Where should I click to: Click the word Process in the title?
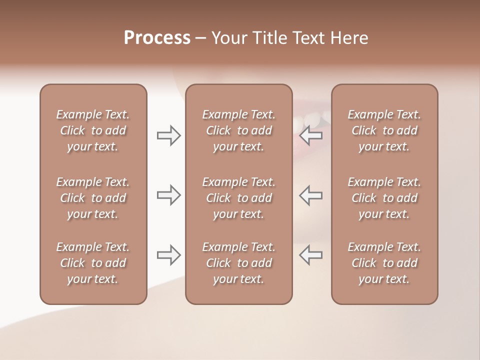pyautogui.click(x=157, y=37)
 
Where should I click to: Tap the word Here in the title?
pyautogui.click(x=348, y=37)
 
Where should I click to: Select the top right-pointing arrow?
pyautogui.click(x=169, y=135)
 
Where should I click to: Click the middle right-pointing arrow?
pyautogui.click(x=169, y=195)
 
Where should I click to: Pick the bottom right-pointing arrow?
pyautogui.click(x=169, y=255)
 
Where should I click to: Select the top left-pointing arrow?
pyautogui.click(x=311, y=135)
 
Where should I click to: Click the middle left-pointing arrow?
pyautogui.click(x=311, y=195)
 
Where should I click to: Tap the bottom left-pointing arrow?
pyautogui.click(x=311, y=255)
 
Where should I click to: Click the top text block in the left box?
pyautogui.click(x=93, y=130)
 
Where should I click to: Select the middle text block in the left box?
pyautogui.click(x=93, y=198)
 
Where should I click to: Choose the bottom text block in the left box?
pyautogui.click(x=93, y=263)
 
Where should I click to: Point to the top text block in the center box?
pyautogui.click(x=238, y=130)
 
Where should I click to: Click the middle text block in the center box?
pyautogui.click(x=238, y=198)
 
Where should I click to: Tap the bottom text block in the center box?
pyautogui.click(x=238, y=263)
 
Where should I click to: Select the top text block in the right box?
pyautogui.click(x=384, y=130)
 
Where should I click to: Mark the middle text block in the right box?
pyautogui.click(x=384, y=198)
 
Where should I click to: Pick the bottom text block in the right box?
pyautogui.click(x=384, y=263)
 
